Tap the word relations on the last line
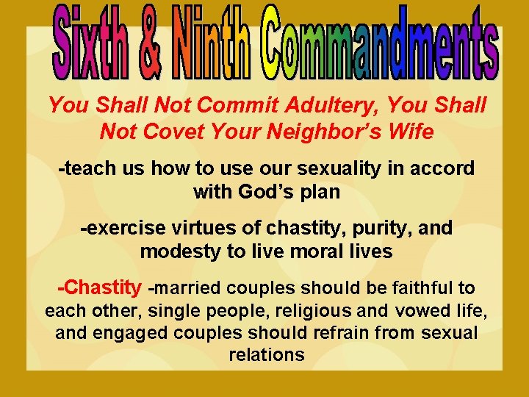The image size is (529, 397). pos(266,356)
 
